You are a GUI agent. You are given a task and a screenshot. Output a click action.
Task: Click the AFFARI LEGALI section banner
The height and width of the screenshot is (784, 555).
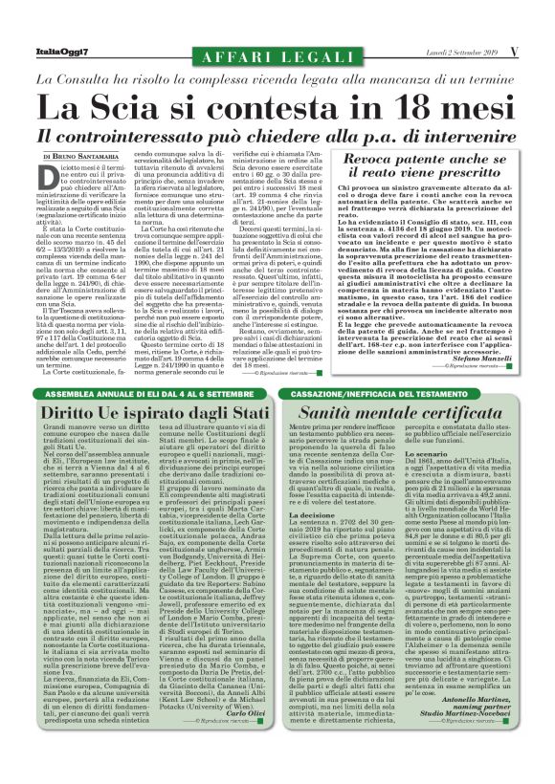[x=277, y=57]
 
